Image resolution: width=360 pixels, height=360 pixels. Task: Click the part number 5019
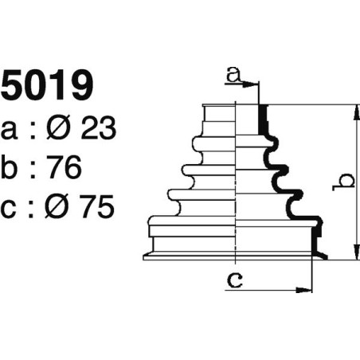[47, 84]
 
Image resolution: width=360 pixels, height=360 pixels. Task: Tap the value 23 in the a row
[98, 128]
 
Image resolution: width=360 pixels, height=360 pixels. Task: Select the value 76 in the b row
[65, 167]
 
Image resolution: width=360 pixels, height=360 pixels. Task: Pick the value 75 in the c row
[97, 206]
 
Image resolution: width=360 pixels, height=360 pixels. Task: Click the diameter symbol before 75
[57, 206]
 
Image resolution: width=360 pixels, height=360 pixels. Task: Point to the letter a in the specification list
[9, 131]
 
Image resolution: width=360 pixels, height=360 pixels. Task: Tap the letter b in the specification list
[10, 166]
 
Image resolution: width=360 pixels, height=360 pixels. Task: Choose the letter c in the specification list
[9, 209]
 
